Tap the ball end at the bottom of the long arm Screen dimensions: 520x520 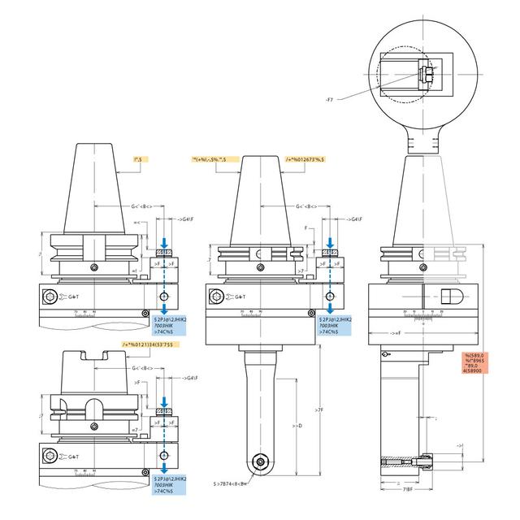click(259, 461)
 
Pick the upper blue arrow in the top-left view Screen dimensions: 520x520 click(165, 244)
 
